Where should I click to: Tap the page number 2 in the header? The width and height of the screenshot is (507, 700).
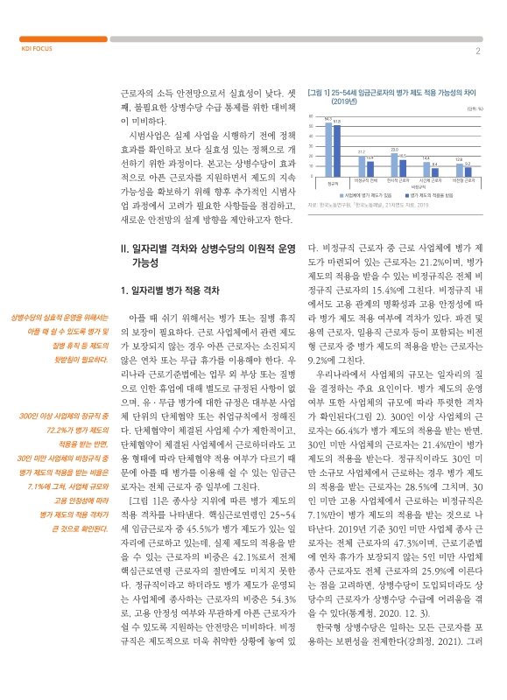(x=477, y=50)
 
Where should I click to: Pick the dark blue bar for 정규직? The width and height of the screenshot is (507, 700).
(x=335, y=150)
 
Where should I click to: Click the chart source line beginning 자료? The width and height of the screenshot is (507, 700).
(x=367, y=204)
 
